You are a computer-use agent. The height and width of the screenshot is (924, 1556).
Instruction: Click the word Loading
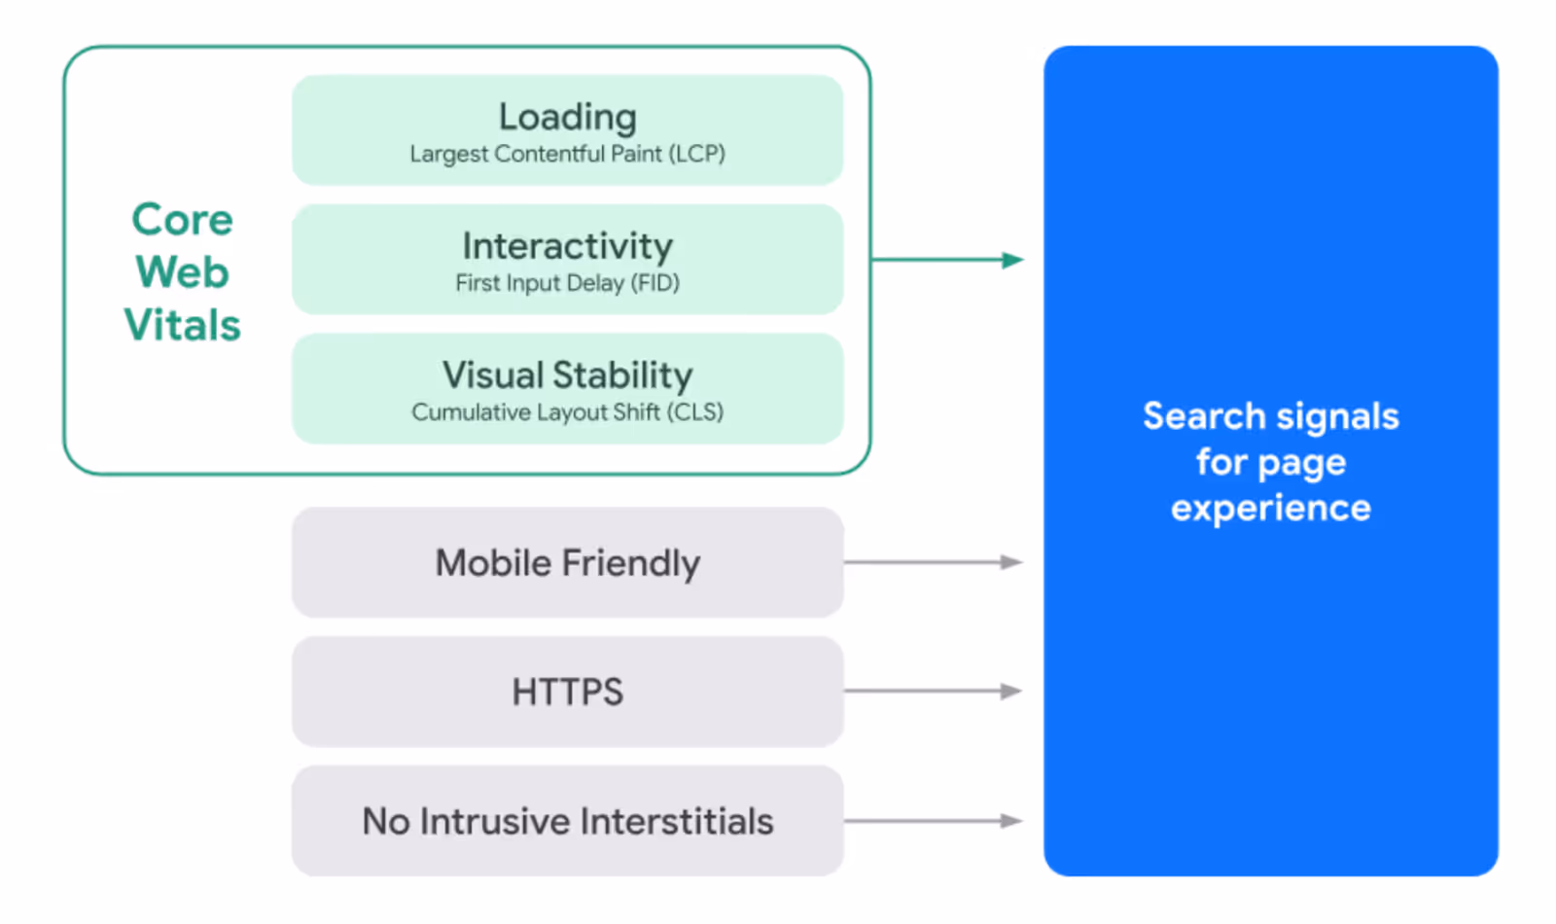(568, 118)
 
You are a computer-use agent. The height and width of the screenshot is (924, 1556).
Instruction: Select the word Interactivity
(568, 246)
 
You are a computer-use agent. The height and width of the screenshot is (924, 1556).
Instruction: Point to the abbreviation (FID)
(654, 283)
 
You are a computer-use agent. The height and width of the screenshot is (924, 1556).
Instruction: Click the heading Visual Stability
(568, 375)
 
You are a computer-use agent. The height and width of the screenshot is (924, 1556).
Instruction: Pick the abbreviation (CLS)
(694, 412)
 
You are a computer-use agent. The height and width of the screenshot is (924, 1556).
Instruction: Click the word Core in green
(183, 220)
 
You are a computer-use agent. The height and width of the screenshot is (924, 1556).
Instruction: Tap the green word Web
(183, 272)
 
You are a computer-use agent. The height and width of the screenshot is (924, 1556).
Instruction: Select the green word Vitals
(183, 326)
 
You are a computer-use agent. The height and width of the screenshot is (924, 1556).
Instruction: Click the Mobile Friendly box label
(568, 563)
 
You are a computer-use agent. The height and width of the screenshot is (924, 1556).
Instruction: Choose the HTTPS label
(568, 693)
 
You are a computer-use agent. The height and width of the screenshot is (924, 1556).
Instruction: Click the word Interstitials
(678, 822)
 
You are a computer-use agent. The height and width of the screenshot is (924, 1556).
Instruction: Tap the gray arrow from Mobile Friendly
(934, 562)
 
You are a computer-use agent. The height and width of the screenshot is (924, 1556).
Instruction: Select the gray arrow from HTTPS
(934, 692)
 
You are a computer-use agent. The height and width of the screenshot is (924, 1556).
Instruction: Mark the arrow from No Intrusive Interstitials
(934, 821)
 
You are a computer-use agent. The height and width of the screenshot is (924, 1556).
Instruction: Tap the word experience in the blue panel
(1271, 508)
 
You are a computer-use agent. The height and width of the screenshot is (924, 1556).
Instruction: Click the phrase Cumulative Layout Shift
(536, 412)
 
